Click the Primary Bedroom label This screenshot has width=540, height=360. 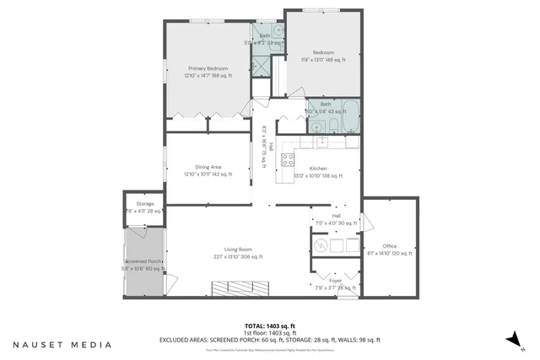[207, 73]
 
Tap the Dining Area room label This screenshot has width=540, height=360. [207, 172]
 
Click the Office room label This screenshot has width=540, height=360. [389, 250]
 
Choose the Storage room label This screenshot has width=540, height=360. [145, 207]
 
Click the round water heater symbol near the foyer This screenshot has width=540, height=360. [321, 245]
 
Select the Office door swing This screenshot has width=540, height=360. [368, 222]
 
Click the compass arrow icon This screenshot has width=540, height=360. [511, 338]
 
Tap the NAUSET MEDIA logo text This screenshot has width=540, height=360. [62, 344]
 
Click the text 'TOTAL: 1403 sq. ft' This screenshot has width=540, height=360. [270, 325]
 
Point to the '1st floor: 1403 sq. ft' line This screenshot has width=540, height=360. [270, 332]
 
